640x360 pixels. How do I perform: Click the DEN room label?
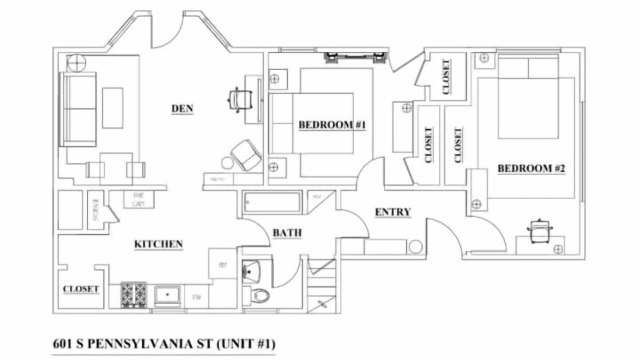pyautogui.click(x=182, y=108)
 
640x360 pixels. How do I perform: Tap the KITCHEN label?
pyautogui.click(x=158, y=244)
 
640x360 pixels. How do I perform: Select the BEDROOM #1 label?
pyautogui.click(x=332, y=124)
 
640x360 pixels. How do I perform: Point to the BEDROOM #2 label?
pyautogui.click(x=531, y=168)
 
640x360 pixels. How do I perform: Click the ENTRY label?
pyautogui.click(x=393, y=212)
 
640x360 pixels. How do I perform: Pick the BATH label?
pyautogui.click(x=287, y=232)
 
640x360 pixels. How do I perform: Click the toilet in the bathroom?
pyautogui.click(x=260, y=294)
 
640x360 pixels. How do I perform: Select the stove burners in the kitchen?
pyautogui.click(x=134, y=294)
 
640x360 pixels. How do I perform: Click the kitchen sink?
pyautogui.click(x=168, y=295)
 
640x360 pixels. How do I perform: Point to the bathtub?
pyautogui.click(x=272, y=202)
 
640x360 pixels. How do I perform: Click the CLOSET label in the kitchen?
pyautogui.click(x=80, y=289)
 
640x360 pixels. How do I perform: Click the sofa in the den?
pyautogui.click(x=77, y=109)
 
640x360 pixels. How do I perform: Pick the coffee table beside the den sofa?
pyautogui.click(x=112, y=107)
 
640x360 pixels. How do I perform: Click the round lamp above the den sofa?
pyautogui.click(x=76, y=63)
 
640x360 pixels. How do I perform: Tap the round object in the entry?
pyautogui.click(x=415, y=246)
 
